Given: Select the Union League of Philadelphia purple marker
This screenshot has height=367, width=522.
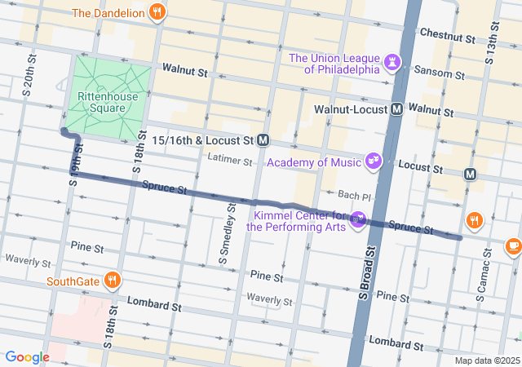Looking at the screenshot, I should coord(395,62).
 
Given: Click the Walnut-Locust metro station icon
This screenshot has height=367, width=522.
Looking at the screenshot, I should coord(396,108).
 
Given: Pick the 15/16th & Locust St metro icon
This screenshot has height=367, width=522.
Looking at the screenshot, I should coord(263,140).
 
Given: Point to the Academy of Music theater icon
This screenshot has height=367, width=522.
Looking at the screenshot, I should coord(374,161).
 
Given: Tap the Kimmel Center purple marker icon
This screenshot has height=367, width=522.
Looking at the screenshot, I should coord(357,220).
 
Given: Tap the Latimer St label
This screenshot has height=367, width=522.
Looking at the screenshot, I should coord(230,159).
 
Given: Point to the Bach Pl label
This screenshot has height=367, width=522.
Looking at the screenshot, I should coord(355,197).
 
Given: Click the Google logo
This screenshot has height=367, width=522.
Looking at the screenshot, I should coord(27,356).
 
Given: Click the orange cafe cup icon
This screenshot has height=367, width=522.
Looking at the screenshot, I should coord(512,245).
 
